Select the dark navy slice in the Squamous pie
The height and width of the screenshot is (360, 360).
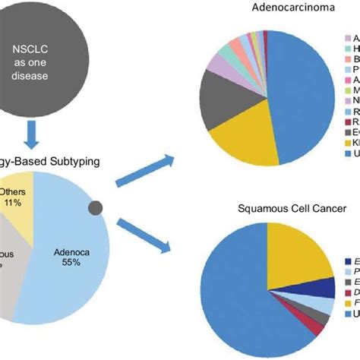pyautogui.click(x=327, y=287)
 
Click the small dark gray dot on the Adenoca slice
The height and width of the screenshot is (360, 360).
pyautogui.click(x=96, y=207)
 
